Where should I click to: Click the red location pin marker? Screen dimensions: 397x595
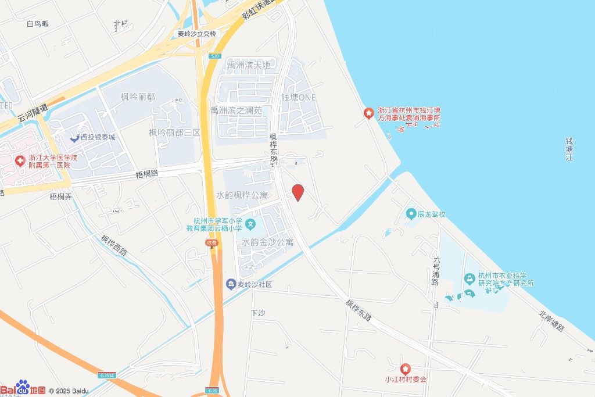(x=297, y=192)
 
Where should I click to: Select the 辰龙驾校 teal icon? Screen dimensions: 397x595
(x=411, y=214)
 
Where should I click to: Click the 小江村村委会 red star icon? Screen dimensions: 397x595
(x=406, y=369)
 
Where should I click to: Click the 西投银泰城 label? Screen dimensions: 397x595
(x=98, y=137)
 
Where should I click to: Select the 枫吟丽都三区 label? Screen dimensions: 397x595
(x=174, y=133)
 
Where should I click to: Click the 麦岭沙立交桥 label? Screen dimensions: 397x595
(x=197, y=34)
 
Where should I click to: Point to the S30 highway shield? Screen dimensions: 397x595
(x=214, y=56)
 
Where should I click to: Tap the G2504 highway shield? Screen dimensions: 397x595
(x=106, y=375)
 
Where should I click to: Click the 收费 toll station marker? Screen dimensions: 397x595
(x=211, y=243)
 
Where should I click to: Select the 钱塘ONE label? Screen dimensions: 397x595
(x=299, y=97)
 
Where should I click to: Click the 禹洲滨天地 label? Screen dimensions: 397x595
(x=249, y=65)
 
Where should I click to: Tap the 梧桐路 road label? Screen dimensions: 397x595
(x=147, y=174)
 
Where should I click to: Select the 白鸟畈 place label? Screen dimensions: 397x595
(x=38, y=24)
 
